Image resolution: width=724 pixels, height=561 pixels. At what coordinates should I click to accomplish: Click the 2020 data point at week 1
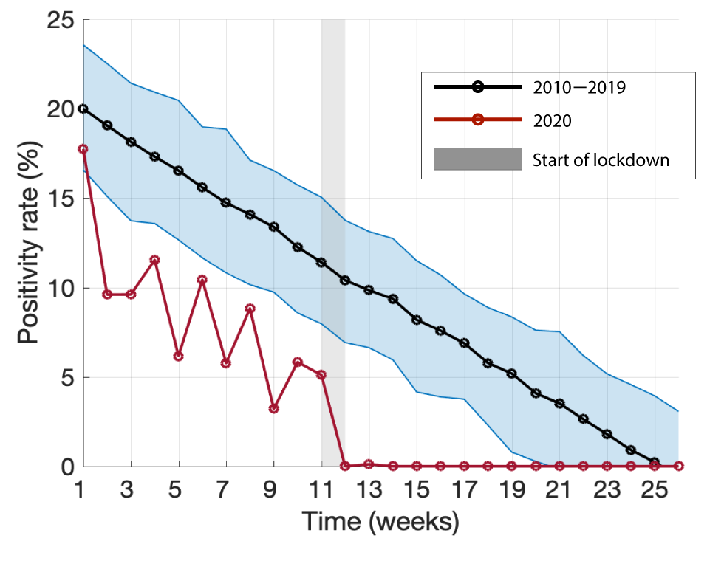83,149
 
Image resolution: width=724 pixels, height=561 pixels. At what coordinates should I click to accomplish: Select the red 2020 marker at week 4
154,260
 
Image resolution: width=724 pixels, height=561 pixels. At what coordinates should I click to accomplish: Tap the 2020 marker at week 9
274,408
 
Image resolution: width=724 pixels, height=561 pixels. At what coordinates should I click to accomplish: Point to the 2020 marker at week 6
202,280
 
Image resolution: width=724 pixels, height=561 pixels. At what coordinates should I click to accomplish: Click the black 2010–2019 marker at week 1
83,109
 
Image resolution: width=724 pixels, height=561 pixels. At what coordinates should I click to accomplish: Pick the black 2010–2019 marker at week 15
417,320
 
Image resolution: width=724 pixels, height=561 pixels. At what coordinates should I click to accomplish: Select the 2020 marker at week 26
678,466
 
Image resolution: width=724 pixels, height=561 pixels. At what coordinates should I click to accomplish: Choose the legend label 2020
552,121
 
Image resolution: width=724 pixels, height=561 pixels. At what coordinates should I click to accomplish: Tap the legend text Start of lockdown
601,160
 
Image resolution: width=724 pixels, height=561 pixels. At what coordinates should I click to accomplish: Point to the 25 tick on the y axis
59,21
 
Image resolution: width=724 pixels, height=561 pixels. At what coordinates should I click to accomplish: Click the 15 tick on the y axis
59,199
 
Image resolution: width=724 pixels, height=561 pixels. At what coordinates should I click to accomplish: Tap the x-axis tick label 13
369,488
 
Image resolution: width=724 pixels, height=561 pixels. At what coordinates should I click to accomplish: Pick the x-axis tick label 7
226,488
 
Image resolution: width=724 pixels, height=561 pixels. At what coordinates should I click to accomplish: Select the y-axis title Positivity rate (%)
30,244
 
